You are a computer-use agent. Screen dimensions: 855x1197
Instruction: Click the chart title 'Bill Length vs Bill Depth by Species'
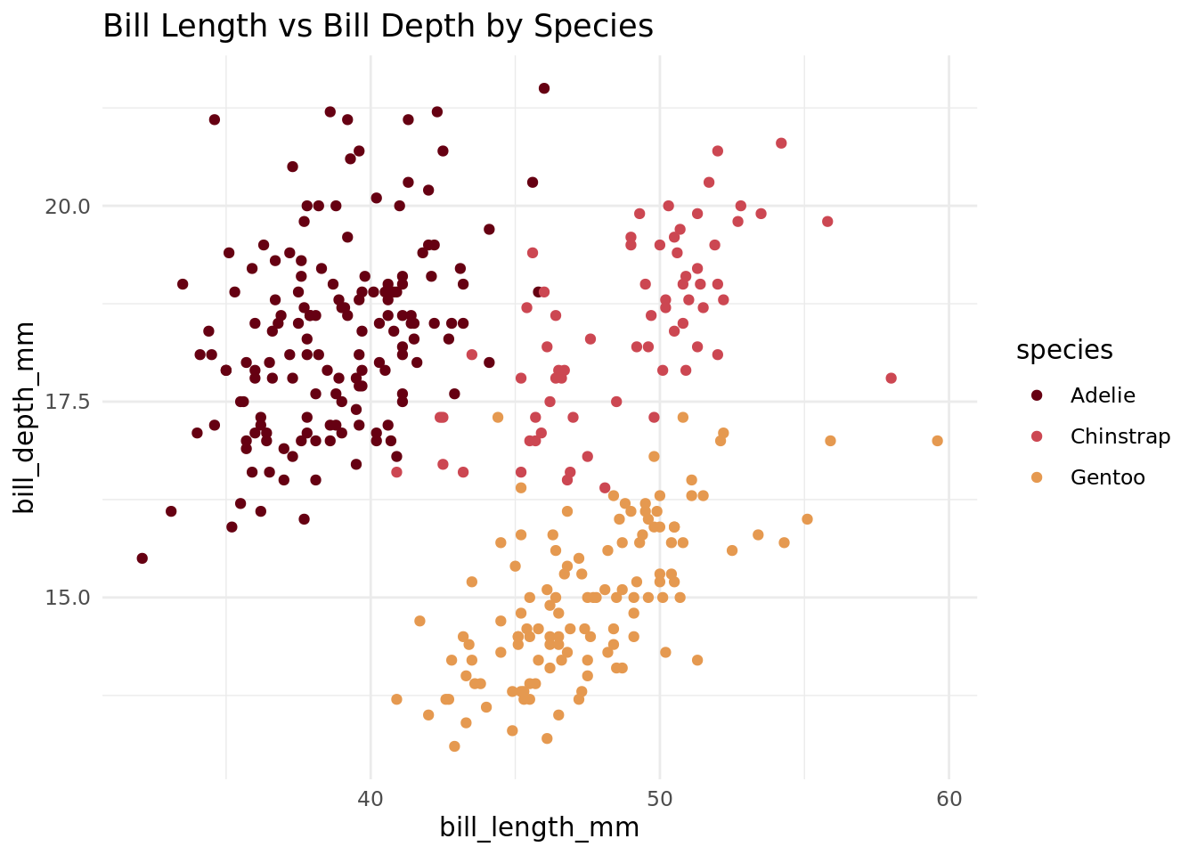378,27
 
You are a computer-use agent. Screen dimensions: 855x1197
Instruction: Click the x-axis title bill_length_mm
539,827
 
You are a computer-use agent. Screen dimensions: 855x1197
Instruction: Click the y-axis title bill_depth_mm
26,417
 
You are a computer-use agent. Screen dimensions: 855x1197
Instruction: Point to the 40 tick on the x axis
370,798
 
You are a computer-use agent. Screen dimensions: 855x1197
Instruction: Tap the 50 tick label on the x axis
660,798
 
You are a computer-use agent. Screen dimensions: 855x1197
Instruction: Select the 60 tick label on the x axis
949,798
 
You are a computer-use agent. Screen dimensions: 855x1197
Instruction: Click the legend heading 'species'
1064,351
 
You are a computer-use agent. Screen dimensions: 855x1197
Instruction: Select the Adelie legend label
1103,395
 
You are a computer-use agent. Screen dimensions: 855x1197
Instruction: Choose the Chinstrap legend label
1120,436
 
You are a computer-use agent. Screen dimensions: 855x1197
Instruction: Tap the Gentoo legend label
1107,477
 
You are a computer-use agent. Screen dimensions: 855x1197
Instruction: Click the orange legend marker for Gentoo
1038,477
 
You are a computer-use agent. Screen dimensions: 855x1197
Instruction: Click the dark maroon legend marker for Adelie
1038,395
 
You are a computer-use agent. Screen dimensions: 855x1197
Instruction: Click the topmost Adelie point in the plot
544,88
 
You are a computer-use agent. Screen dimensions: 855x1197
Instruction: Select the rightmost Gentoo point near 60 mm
937,441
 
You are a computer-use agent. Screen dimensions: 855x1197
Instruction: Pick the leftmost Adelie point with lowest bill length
142,558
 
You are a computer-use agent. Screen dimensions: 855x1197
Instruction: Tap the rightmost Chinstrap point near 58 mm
891,379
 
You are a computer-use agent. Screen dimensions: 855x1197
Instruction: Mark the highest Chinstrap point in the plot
781,143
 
